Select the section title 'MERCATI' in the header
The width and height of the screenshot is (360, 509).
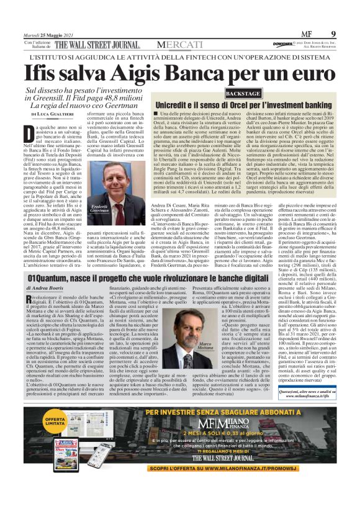(x=179, y=45)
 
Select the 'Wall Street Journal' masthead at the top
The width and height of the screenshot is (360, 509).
(x=97, y=45)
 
